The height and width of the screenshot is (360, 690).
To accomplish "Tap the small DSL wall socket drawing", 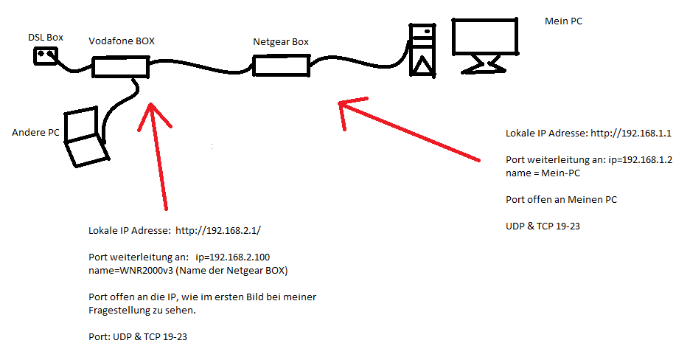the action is [x=46, y=55].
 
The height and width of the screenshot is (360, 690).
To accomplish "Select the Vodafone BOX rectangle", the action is [x=121, y=68].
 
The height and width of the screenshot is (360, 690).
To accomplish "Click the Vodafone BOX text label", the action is [x=122, y=41].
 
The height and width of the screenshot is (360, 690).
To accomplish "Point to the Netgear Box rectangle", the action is [x=281, y=66].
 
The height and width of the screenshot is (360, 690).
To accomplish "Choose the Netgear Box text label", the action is [x=281, y=42].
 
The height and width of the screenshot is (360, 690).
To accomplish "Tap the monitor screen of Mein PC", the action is [x=485, y=37].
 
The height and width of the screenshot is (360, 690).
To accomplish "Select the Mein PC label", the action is [x=563, y=22].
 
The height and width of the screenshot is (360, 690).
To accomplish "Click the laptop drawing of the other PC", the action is [x=84, y=136].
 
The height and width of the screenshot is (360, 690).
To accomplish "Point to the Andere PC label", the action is [x=35, y=133].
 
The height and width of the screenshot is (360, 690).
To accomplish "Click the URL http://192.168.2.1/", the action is [x=218, y=231].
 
